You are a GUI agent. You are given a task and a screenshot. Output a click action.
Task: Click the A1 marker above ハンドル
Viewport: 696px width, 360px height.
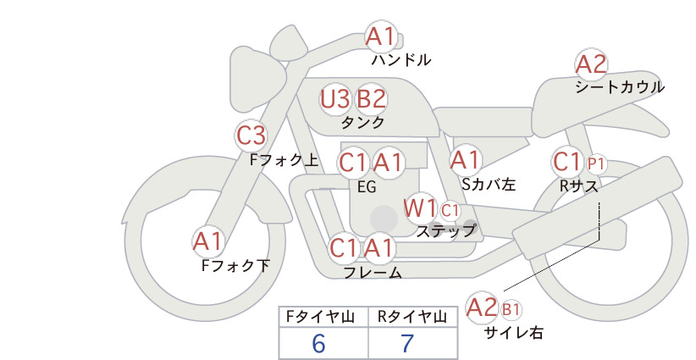point(381,36)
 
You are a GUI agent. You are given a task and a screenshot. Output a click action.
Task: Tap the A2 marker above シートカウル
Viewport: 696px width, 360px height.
point(591,64)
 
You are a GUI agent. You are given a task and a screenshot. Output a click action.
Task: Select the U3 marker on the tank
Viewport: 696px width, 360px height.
point(335,99)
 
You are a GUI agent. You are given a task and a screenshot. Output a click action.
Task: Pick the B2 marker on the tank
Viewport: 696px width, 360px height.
point(372,99)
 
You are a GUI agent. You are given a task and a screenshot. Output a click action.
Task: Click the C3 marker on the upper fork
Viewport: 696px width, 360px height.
point(251,136)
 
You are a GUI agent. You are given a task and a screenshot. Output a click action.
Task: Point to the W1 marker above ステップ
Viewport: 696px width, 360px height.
point(420,208)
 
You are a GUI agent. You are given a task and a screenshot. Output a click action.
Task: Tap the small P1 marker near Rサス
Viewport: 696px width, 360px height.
point(596,164)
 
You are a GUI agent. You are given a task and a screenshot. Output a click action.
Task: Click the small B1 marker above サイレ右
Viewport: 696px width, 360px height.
point(511,309)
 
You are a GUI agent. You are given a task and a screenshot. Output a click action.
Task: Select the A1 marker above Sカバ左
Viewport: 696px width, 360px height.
point(466,160)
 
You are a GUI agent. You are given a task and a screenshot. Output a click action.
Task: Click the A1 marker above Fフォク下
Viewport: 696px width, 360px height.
point(207,241)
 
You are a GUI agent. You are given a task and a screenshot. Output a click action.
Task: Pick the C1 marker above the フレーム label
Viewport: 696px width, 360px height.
point(344,247)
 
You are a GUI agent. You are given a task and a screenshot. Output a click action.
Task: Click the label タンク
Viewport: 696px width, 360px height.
point(362,122)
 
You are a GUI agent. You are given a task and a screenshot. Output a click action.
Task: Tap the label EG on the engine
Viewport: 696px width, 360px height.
point(367,187)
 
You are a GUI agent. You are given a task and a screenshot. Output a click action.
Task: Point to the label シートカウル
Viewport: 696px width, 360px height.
point(620,87)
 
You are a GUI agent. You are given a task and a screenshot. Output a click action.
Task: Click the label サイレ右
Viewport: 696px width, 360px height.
point(514,333)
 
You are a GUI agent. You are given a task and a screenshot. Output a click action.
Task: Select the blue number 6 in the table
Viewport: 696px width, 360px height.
point(318,344)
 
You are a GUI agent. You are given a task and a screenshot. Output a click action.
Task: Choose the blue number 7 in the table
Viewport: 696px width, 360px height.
point(407,344)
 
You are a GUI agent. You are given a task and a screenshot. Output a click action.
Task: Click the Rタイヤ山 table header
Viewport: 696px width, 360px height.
point(412,317)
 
